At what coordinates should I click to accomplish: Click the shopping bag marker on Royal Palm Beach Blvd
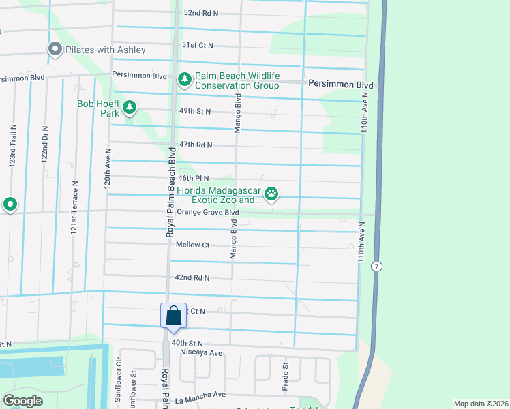173,316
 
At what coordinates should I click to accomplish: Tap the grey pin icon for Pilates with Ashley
55,50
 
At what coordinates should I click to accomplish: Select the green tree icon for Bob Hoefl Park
129,108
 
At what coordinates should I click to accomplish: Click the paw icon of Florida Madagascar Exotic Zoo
272,195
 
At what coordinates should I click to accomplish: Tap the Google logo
23,400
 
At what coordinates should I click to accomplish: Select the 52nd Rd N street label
200,13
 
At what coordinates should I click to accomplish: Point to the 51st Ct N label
197,45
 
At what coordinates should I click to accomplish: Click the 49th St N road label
194,111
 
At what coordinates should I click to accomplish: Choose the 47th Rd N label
196,145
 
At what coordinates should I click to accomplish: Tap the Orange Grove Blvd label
208,212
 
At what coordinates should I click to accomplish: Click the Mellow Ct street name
192,245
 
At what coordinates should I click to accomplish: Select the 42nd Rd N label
192,278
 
